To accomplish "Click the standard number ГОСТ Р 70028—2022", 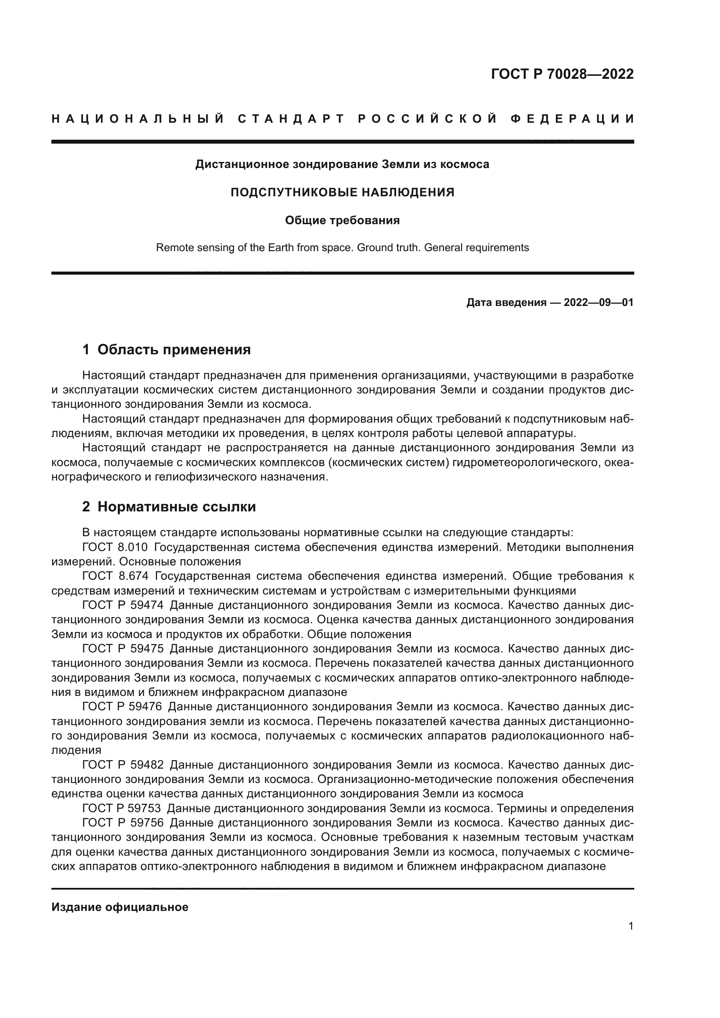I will coord(562,74).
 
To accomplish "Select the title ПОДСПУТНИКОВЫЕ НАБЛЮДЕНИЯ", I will coord(342,192).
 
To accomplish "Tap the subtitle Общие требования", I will coord(342,220).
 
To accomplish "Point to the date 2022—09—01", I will coord(599,303).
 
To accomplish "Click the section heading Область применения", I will coord(174,350).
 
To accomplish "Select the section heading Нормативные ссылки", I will coord(176,507).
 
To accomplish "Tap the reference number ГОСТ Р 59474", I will coord(123,606).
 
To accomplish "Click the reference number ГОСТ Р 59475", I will coord(123,649).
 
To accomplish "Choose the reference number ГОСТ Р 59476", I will coord(123,707).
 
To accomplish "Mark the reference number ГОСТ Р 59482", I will coord(123,765).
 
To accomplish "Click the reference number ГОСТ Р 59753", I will coord(123,808).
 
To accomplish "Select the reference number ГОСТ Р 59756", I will coord(123,823).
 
